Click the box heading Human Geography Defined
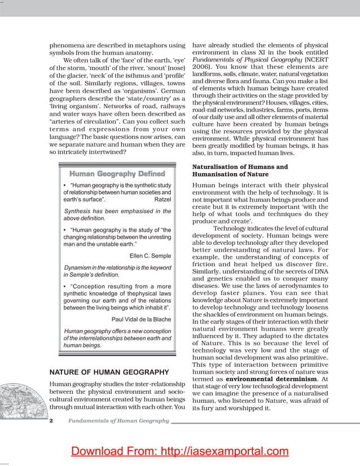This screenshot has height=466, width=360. [117, 174]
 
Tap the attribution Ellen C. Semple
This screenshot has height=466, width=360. [150, 256]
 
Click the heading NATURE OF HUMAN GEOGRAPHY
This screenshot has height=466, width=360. [109, 372]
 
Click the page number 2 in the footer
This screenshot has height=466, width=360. [51, 421]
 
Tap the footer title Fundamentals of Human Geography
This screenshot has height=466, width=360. [118, 421]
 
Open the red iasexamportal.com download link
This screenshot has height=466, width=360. [179, 451]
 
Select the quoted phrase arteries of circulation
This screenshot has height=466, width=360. [83, 122]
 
